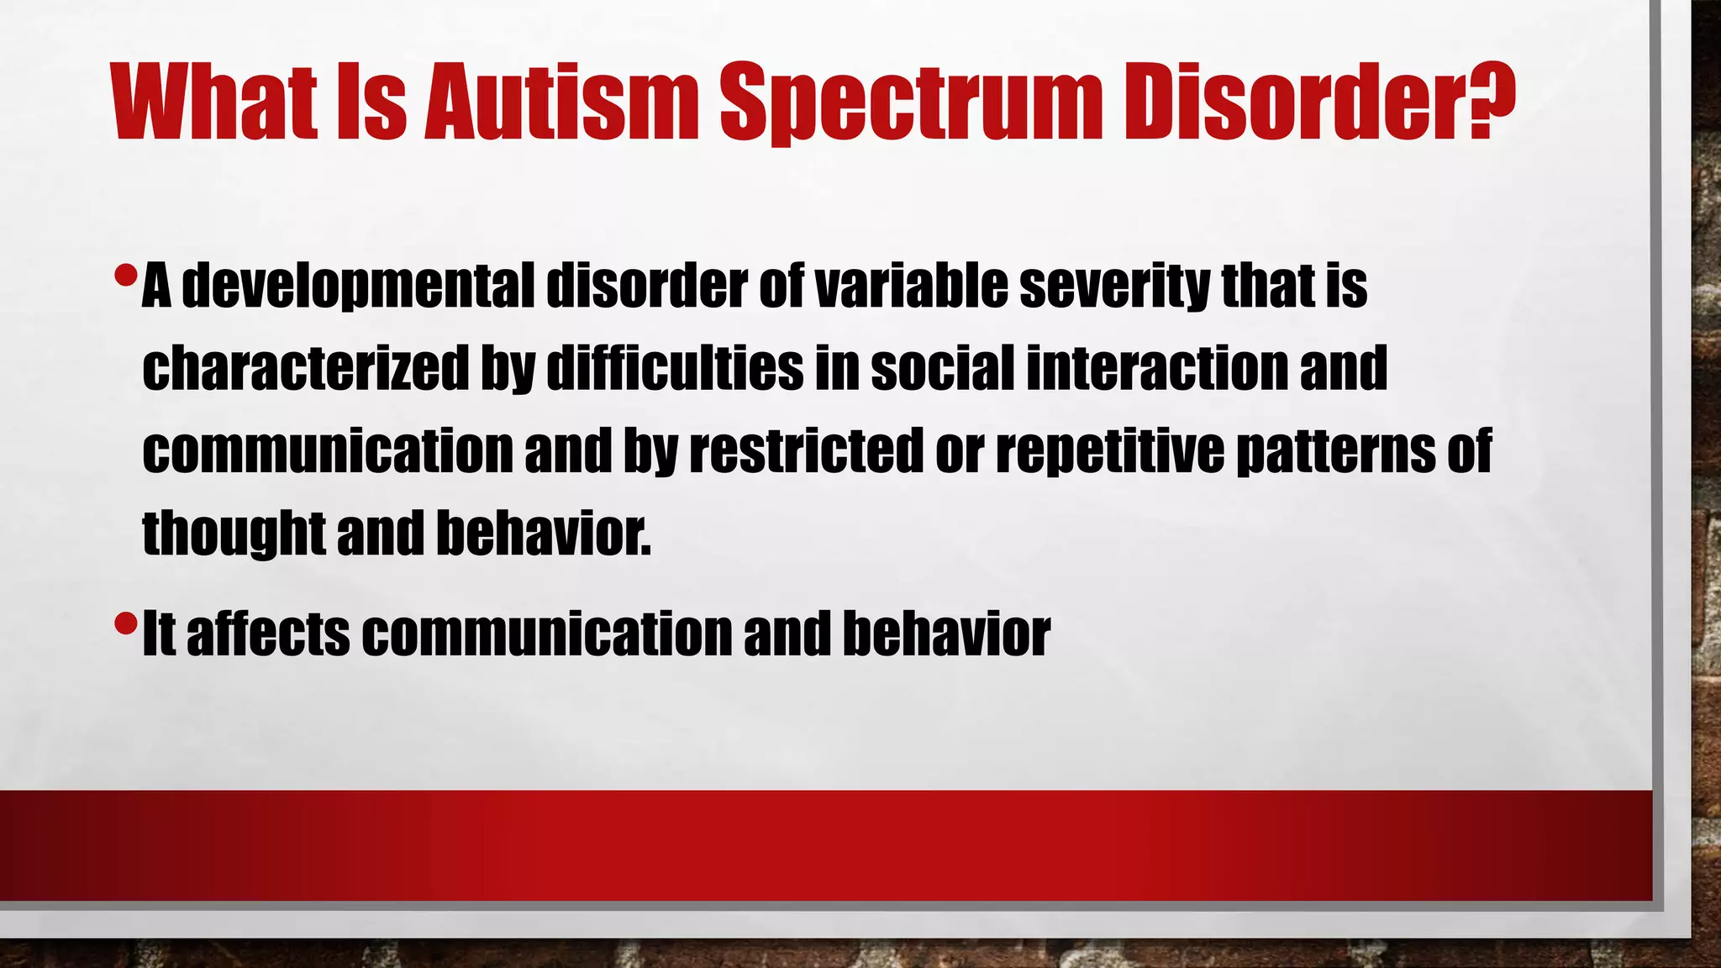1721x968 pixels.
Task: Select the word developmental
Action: (x=358, y=286)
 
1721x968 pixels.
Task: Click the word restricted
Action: (x=807, y=450)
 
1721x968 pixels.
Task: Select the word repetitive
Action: (x=1110, y=450)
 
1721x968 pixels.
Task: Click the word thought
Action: (x=234, y=533)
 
